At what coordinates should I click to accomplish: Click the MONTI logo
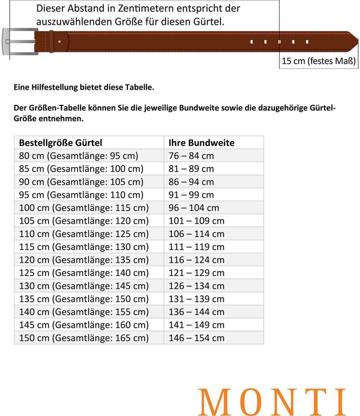pos(272,401)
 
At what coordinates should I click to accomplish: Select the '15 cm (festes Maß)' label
pos(318,61)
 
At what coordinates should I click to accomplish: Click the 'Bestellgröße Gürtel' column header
pos(61,143)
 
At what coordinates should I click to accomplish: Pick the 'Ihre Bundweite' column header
pos(201,143)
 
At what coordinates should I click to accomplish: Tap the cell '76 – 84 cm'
pos(191,156)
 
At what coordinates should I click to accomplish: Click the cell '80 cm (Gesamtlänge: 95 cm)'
pos(79,156)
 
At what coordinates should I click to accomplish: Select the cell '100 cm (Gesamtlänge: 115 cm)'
pos(84,208)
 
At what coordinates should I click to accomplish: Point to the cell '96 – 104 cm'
pos(194,208)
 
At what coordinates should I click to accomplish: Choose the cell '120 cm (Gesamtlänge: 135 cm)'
pos(84,260)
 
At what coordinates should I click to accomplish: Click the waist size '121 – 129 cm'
pos(196,273)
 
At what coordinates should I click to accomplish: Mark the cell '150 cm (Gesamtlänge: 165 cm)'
pos(84,338)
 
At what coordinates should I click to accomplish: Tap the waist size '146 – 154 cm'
pos(196,338)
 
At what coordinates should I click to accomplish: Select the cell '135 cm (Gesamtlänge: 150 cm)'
pos(84,299)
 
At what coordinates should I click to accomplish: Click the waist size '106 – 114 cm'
pos(196,234)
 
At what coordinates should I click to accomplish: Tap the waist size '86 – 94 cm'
pos(191,182)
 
